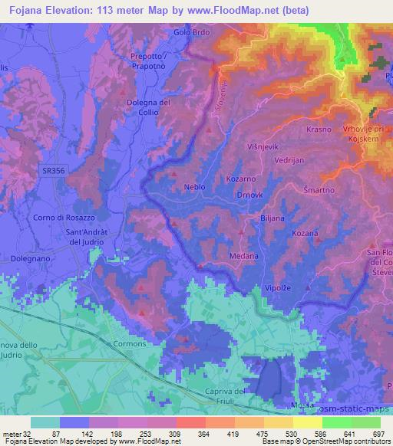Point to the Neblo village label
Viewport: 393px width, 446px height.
[195, 186]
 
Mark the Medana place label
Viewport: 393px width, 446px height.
[243, 255]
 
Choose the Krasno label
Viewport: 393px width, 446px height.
[319, 130]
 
